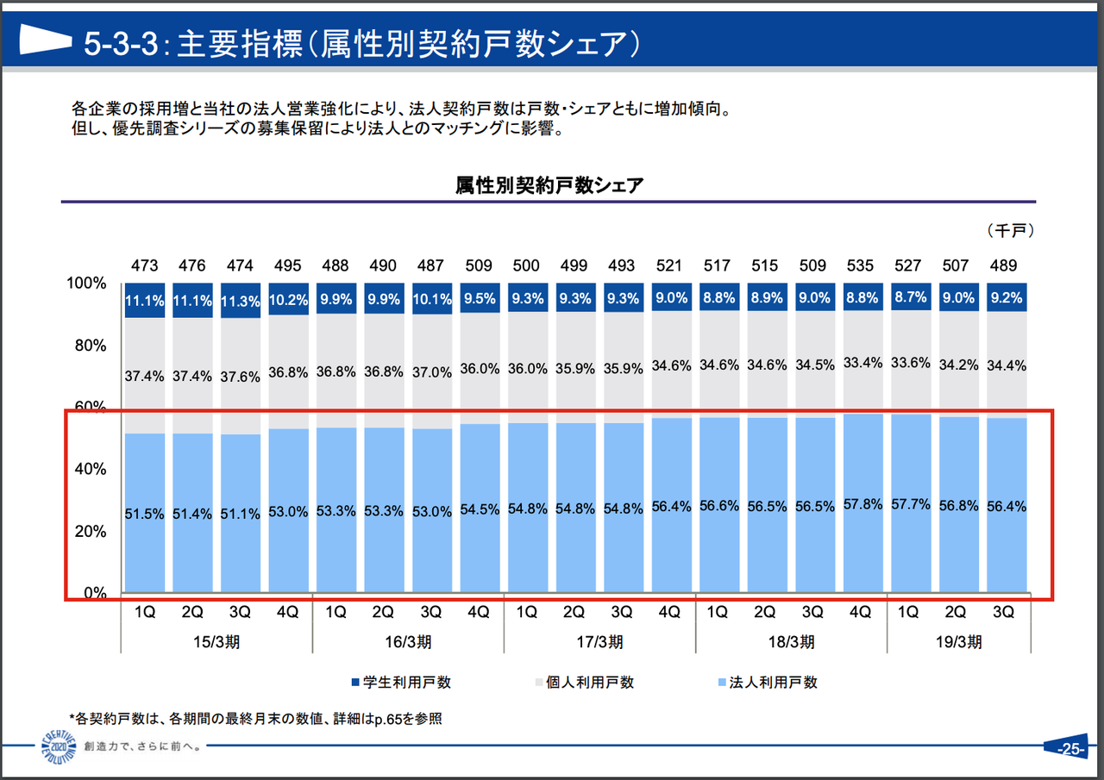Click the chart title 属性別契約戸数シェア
click(549, 184)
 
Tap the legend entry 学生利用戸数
click(401, 682)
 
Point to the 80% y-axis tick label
click(86, 346)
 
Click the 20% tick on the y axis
click(86, 532)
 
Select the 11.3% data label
click(240, 301)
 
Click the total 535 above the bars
click(862, 265)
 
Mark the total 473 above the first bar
click(144, 265)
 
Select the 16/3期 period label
click(407, 642)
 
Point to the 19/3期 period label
click(957, 642)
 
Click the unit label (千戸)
click(1010, 230)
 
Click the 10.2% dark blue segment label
click(287, 301)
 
